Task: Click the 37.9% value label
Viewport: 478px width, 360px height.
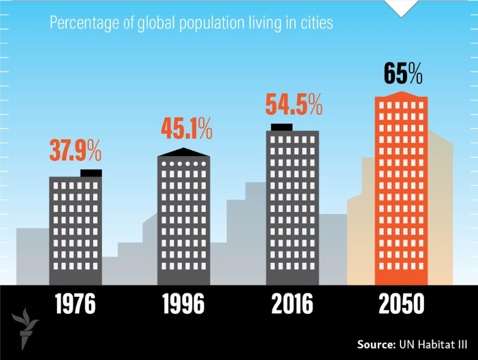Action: tap(75, 150)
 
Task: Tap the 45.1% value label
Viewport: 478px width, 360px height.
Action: tap(186, 129)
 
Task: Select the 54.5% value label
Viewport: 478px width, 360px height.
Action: tap(294, 104)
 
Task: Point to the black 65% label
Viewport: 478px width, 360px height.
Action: tap(403, 73)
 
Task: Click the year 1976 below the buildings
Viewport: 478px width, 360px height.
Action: tap(75, 304)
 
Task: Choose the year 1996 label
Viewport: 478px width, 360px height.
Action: tap(183, 304)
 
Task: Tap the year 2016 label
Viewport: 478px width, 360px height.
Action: tap(292, 304)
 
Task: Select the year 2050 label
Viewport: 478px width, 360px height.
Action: tap(402, 304)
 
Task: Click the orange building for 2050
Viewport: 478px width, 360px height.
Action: tap(402, 188)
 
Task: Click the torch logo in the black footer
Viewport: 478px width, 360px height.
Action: tap(25, 329)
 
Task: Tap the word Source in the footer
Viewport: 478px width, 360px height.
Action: tap(376, 344)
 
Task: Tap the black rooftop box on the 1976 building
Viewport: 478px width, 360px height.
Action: tap(91, 173)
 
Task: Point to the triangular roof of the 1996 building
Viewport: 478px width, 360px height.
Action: tap(183, 152)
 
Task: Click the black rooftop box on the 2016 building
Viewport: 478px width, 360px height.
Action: tap(281, 127)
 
